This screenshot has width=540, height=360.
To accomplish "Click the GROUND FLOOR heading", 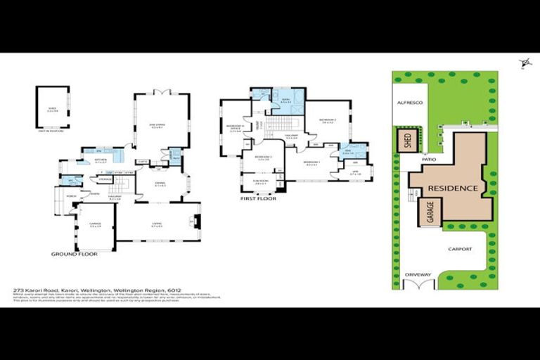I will (x=74, y=254).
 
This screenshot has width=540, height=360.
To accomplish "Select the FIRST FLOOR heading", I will (x=258, y=199).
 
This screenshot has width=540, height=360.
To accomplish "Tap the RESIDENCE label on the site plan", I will (x=454, y=188).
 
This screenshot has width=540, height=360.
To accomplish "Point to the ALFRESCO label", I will (x=409, y=103).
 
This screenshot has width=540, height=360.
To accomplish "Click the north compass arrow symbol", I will (x=525, y=65).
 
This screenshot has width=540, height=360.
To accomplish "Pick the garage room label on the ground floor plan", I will (x=95, y=226).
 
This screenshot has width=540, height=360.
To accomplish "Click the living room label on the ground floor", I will (x=158, y=225).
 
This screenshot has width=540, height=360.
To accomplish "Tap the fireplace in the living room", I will (x=197, y=224).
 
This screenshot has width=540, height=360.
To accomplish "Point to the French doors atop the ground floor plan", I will (x=162, y=92).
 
